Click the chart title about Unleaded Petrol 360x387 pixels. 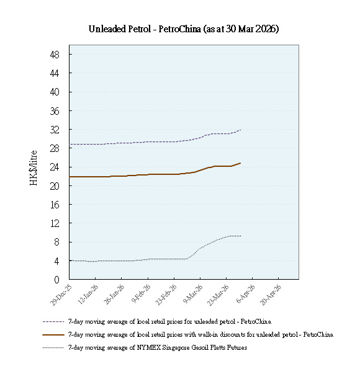tap(183, 29)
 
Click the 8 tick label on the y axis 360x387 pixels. tap(56, 242)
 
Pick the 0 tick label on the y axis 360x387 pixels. tap(56, 280)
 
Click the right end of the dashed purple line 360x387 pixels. tap(241, 130)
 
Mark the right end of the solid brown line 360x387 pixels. tap(241, 163)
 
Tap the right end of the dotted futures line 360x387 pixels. tap(241, 236)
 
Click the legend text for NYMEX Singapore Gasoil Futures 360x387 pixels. tap(158, 347)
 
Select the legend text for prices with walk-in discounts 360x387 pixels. tap(200, 334)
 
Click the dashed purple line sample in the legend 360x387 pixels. tap(53, 322)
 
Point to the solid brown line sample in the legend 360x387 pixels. tap(53, 334)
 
